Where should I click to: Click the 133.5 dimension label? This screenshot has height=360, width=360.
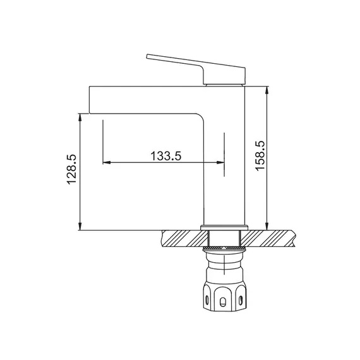click(165, 156)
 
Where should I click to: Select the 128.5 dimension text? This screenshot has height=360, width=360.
click(71, 169)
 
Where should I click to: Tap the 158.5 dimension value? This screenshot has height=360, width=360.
click(260, 155)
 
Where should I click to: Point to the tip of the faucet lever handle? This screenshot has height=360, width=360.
click(147, 56)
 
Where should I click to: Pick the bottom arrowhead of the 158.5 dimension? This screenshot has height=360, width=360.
click(267, 226)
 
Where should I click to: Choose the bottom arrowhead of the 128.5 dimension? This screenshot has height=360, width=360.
click(80, 226)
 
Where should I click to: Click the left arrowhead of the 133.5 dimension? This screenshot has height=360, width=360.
click(107, 162)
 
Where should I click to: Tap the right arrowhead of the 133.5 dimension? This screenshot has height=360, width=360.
click(220, 162)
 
